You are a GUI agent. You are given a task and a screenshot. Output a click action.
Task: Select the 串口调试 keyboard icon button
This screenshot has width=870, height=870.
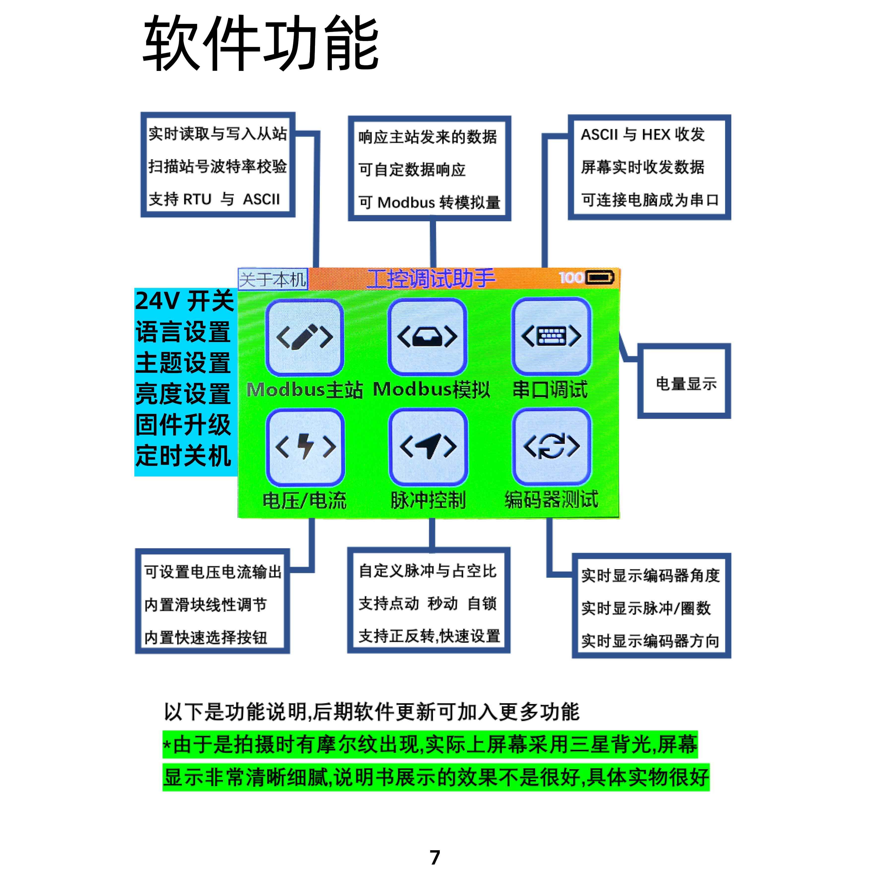tap(551, 336)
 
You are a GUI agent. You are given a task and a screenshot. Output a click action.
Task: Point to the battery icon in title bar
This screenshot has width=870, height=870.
tap(599, 277)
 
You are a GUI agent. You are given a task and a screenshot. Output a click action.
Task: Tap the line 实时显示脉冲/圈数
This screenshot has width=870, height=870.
tap(646, 608)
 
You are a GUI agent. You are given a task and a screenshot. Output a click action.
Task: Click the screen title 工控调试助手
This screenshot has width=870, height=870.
tap(431, 279)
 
